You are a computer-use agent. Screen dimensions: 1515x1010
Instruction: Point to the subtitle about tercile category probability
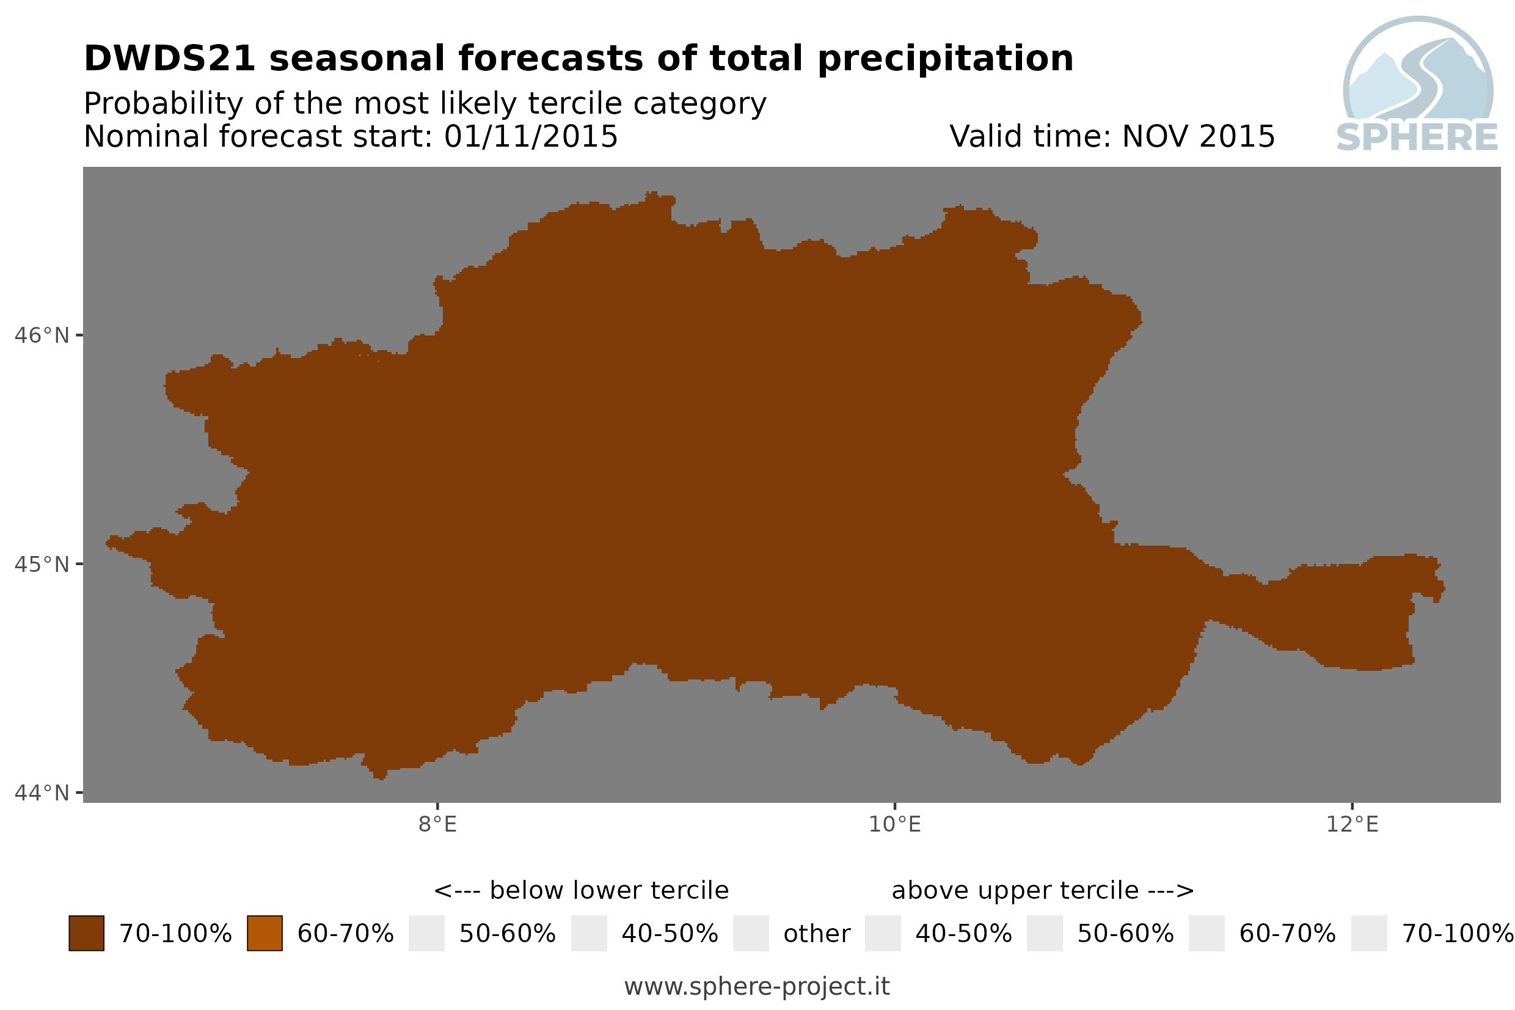pos(425,104)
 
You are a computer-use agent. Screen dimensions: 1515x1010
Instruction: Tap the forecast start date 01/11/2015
pos(530,136)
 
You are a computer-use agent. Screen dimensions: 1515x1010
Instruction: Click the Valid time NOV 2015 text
pos(1111,136)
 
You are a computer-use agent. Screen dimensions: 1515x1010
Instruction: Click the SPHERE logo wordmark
pos(1417,137)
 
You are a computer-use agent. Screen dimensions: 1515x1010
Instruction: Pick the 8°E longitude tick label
pos(438,824)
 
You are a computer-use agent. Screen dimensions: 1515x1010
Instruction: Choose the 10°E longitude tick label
pos(895,824)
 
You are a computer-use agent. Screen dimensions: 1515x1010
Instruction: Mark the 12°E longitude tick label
pos(1352,824)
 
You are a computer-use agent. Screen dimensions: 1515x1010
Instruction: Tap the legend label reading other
pos(816,934)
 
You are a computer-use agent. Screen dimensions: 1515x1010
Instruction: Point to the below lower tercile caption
pos(582,890)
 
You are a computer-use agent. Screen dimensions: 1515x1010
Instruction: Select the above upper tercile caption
pos(1042,891)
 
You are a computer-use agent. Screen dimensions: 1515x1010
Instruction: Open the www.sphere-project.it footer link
pos(757,986)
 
